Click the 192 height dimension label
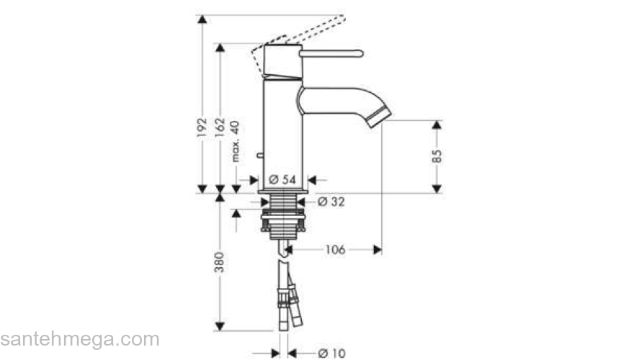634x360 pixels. [202, 127]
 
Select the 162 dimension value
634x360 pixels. [220, 127]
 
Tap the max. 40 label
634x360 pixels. [236, 141]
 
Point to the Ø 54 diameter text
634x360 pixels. [282, 180]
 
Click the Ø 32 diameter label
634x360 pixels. [331, 202]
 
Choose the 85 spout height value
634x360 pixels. [437, 156]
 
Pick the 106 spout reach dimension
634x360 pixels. [335, 250]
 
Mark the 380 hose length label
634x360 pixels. [219, 262]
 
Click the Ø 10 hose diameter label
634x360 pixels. [332, 354]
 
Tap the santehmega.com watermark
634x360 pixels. [80, 339]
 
